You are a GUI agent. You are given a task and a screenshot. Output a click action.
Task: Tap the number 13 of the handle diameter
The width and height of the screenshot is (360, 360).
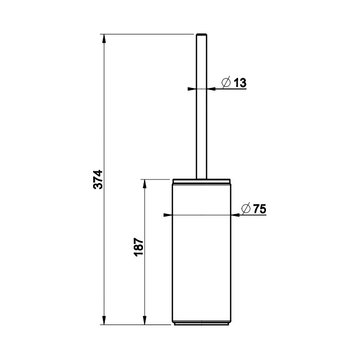tap(240, 83)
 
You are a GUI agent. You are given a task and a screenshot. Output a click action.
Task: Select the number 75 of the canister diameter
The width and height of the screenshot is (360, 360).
tap(259, 209)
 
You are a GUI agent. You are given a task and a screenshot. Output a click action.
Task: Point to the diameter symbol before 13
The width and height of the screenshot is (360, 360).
tap(225, 83)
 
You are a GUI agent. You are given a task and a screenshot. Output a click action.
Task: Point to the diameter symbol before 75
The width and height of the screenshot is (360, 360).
tap(245, 209)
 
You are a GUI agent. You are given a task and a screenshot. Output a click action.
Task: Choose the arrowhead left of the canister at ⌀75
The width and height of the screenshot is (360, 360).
tap(167, 215)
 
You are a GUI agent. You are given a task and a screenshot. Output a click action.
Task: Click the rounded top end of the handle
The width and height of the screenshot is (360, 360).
tap(202, 35)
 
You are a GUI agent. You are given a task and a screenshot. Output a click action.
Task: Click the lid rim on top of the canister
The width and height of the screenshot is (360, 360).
tap(202, 181)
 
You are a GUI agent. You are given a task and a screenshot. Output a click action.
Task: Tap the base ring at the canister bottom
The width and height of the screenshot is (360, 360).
tap(202, 324)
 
